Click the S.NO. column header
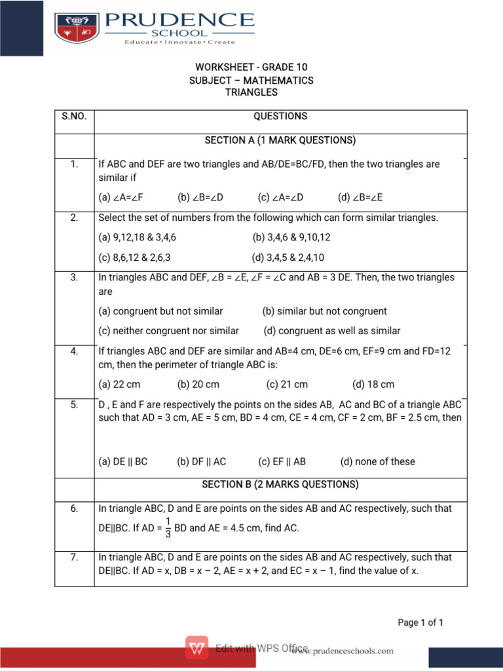pos(74,116)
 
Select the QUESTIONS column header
pos(280,116)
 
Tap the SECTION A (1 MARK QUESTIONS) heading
pos(280,140)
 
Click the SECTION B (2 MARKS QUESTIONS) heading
pos(280,485)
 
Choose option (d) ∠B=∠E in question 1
pos(360,197)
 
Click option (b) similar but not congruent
pos(324,311)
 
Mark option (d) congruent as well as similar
pos(331,331)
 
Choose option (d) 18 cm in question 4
pos(373,385)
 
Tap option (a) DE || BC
pos(122,461)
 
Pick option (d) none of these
pos(377,461)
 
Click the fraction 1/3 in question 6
pos(168,527)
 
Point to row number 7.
pos(74,558)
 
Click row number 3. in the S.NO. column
pos(74,278)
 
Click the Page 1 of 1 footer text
pos(420,623)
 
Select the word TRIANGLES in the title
pos(251,92)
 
